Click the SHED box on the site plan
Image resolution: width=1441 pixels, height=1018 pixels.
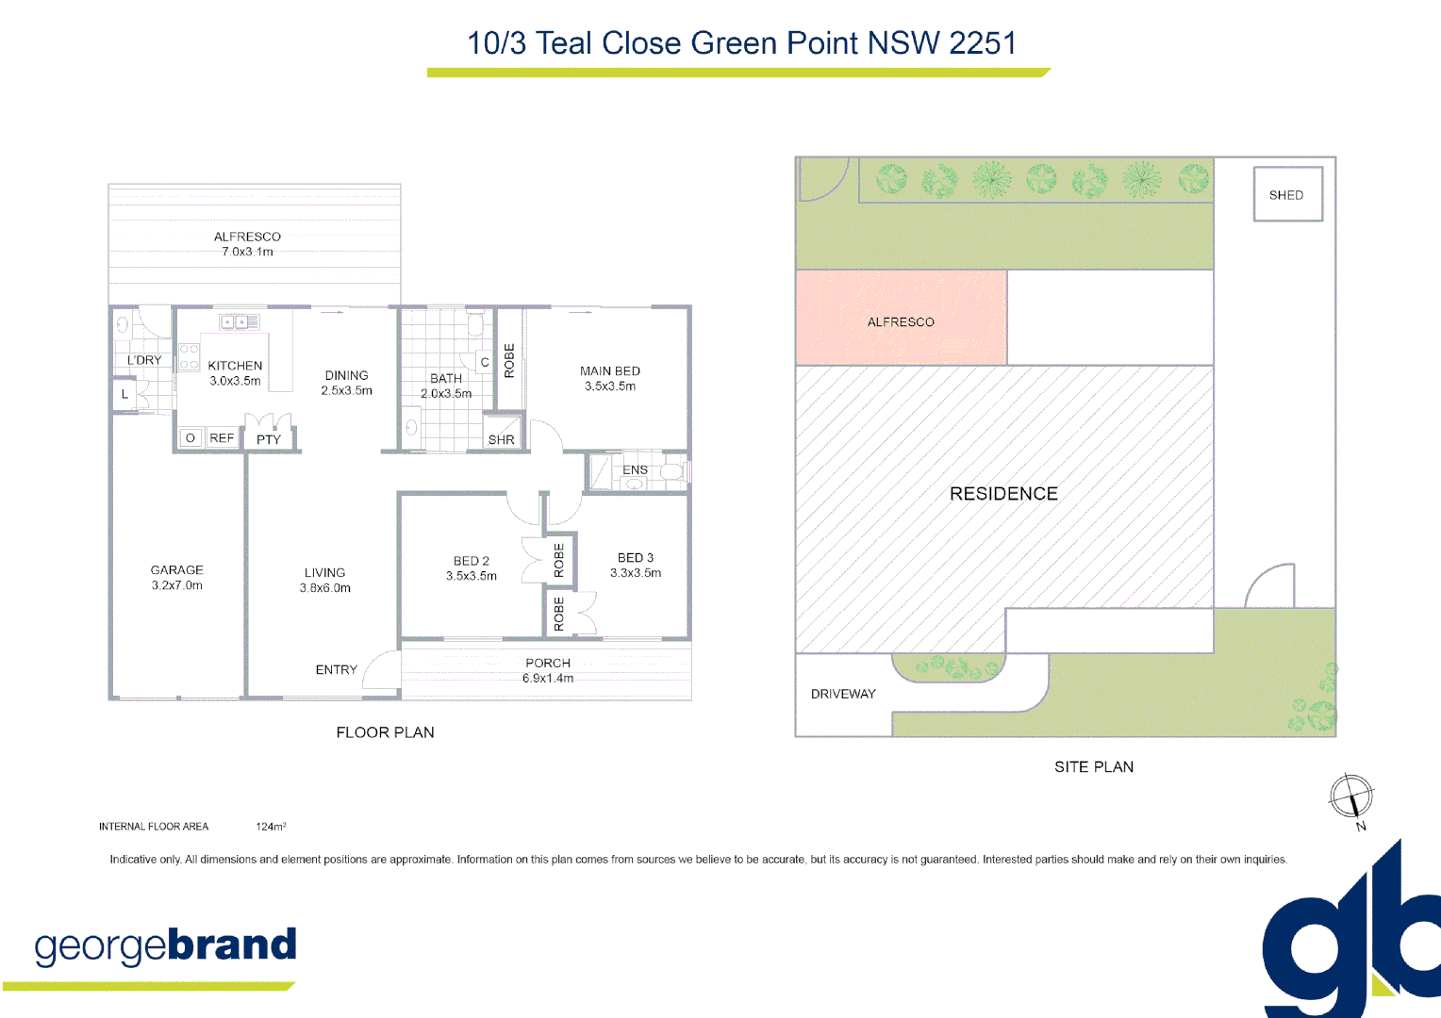click(1287, 194)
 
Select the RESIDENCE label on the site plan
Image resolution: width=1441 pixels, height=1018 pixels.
click(1003, 494)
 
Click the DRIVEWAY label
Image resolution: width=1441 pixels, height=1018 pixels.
click(843, 694)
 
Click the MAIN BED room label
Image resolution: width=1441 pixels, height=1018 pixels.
click(609, 371)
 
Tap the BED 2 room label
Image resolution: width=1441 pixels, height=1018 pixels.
click(471, 561)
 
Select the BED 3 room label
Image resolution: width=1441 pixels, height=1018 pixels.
click(635, 558)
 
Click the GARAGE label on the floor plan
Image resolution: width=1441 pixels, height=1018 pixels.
click(176, 570)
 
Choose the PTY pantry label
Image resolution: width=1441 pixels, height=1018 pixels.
click(269, 439)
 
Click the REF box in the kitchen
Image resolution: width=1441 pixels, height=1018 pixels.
click(222, 438)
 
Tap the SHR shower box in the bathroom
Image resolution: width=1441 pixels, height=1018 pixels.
click(502, 439)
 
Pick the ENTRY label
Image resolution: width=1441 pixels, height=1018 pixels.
click(336, 670)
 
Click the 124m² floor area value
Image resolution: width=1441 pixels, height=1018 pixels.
click(271, 827)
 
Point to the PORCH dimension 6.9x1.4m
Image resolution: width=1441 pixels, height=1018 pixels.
click(548, 678)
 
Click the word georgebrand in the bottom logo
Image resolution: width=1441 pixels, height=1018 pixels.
click(166, 945)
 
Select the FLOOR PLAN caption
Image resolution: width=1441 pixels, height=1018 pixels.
click(385, 732)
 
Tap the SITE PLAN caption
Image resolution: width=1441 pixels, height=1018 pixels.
click(1094, 767)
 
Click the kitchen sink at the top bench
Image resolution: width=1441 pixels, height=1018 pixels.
click(240, 322)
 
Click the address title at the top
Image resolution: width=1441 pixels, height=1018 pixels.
click(741, 43)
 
